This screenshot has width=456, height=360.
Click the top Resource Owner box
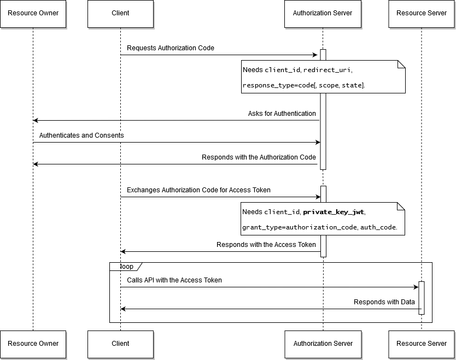click(x=33, y=13)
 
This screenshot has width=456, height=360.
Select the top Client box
click(x=120, y=13)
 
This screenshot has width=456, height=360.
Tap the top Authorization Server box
click(x=323, y=13)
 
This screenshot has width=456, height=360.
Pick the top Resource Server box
click(x=422, y=13)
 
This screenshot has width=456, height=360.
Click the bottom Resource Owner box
click(x=33, y=344)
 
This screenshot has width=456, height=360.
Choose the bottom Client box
click(x=120, y=344)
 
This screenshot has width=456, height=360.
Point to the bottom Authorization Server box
click(x=323, y=344)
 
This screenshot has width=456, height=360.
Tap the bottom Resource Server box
click(x=422, y=344)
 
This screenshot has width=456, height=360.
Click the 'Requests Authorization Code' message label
click(x=171, y=48)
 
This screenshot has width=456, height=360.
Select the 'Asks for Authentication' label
click(x=282, y=114)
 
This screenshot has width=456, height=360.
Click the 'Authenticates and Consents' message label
click(x=81, y=135)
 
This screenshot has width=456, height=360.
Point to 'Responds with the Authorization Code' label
click(x=259, y=157)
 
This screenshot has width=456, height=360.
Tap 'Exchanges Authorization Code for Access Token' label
click(x=198, y=190)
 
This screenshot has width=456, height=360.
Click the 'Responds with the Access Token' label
click(x=266, y=245)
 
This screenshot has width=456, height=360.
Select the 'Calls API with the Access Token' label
click(x=174, y=280)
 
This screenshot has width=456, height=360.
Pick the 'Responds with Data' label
click(x=384, y=302)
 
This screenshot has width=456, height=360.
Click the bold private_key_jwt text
click(x=334, y=212)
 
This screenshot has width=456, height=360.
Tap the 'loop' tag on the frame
click(x=126, y=267)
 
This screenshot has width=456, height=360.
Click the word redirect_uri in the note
click(x=328, y=70)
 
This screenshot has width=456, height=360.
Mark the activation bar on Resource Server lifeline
click(x=422, y=298)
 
